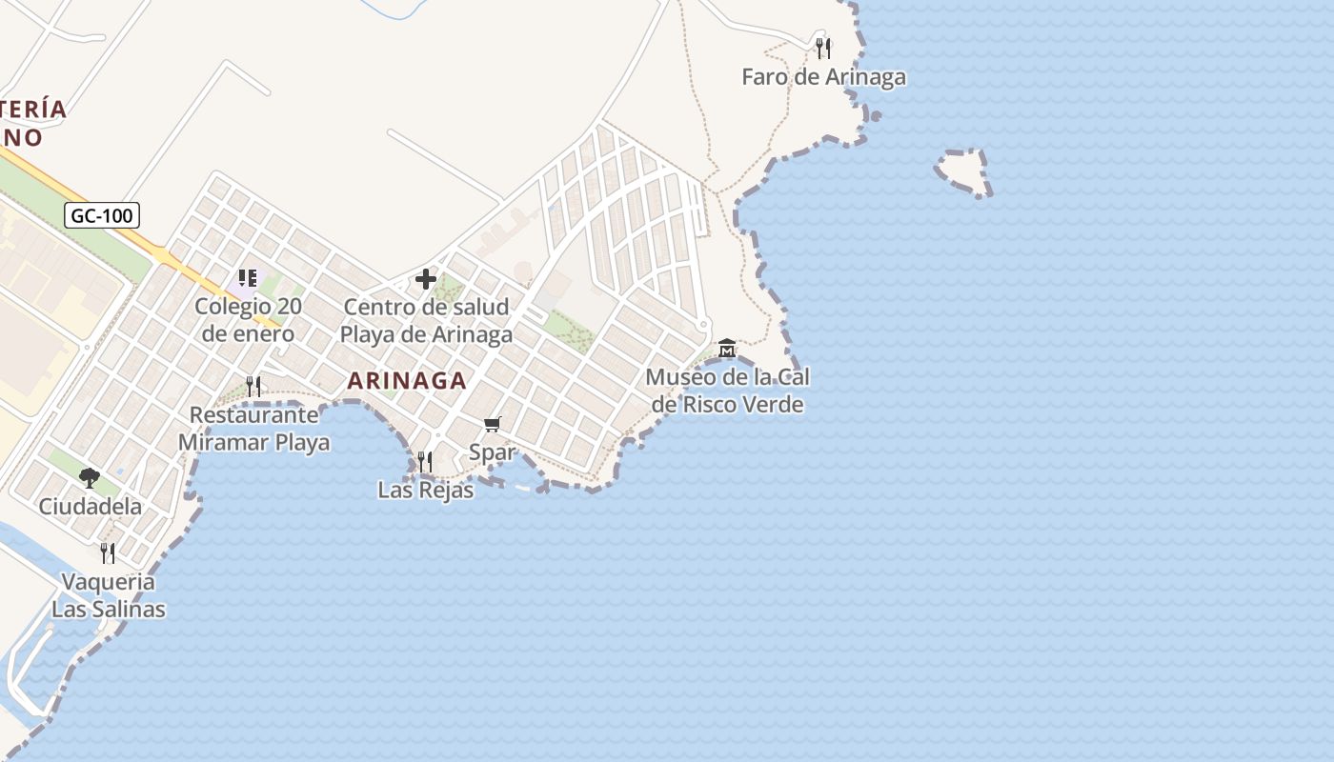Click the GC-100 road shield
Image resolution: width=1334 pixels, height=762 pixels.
[103, 215]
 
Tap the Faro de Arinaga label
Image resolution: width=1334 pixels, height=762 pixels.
[823, 77]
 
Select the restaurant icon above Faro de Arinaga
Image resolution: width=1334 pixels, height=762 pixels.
[823, 47]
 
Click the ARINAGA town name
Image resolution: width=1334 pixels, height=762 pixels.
[407, 381]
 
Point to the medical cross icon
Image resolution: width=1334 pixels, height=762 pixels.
[426, 279]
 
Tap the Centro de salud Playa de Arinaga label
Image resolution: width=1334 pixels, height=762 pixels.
[426, 321]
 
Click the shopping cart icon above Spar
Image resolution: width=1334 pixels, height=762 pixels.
[492, 424]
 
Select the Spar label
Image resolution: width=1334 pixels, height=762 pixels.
[492, 452]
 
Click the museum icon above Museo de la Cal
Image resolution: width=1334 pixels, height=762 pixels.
[727, 349]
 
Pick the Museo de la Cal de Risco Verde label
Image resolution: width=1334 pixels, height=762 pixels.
[727, 391]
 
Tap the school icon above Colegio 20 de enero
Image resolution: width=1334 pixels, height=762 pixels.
[248, 278]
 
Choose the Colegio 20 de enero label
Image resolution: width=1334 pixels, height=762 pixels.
[248, 320]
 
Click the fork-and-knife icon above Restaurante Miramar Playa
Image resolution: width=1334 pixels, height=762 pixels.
[253, 386]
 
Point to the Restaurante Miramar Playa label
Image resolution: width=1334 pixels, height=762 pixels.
[253, 429]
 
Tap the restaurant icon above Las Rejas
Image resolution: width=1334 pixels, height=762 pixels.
[425, 462]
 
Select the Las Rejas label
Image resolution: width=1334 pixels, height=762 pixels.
[425, 491]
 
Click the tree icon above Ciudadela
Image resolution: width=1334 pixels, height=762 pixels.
[90, 477]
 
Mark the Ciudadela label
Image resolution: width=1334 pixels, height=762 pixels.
[90, 507]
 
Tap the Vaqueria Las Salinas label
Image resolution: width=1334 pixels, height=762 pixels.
[108, 595]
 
